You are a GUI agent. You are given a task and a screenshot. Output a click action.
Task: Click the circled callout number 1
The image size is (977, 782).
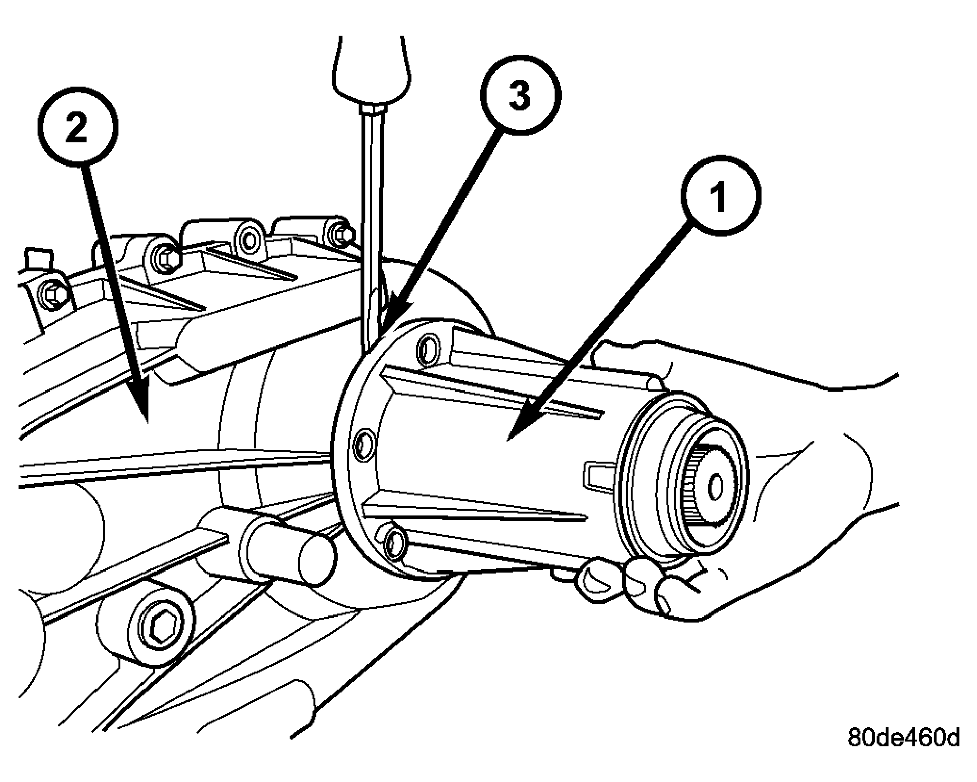tap(721, 196)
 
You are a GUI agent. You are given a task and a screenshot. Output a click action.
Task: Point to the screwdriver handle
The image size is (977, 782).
tap(371, 71)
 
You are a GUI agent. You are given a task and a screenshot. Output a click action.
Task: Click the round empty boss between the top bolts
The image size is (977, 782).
tap(250, 241)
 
